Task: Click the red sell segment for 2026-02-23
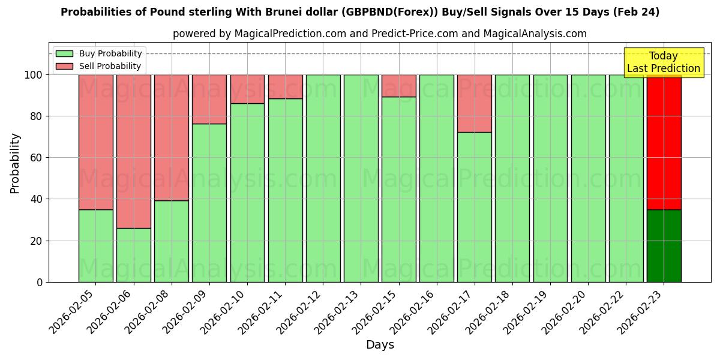pos(664,142)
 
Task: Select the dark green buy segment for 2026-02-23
pos(664,245)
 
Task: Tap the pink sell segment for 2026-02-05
pos(95,142)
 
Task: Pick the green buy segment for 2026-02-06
pos(133,255)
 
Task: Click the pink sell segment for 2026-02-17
pos(474,103)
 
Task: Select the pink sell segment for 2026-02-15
pos(398,86)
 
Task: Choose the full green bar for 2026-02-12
pos(323,178)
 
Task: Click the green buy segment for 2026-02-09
pos(209,203)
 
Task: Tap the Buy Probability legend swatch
pos(64,54)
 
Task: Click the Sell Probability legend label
pos(110,66)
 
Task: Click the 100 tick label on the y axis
pos(34,75)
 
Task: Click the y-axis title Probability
pos(15,163)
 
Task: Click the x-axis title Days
pos(380,345)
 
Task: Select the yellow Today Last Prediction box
pos(663,62)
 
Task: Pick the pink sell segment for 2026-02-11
pos(285,86)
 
